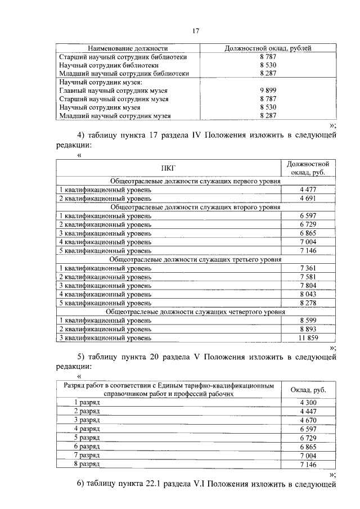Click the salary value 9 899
pos(267,90)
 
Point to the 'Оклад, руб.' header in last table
pos(309,390)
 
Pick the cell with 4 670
pos(309,420)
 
